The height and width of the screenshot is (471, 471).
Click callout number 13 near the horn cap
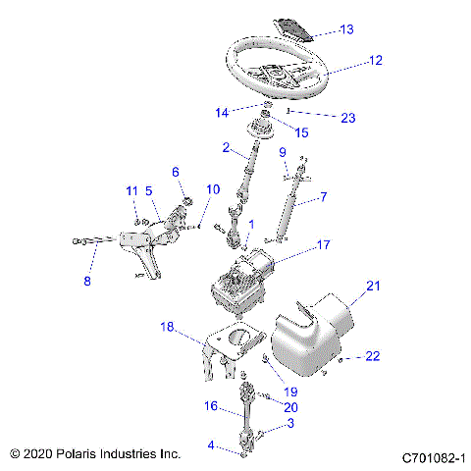pyautogui.click(x=346, y=29)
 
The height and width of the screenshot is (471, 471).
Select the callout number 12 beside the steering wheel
pyautogui.click(x=374, y=60)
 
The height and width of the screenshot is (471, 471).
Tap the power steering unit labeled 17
pyautogui.click(x=245, y=280)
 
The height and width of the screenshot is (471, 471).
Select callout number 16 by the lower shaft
pyautogui.click(x=210, y=405)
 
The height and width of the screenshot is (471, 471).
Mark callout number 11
pyautogui.click(x=131, y=189)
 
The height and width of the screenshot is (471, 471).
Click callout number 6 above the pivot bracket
pyautogui.click(x=177, y=172)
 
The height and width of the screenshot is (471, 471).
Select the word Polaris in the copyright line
pyautogui.click(x=80, y=454)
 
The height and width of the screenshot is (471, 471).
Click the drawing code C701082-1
pyautogui.click(x=432, y=457)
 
